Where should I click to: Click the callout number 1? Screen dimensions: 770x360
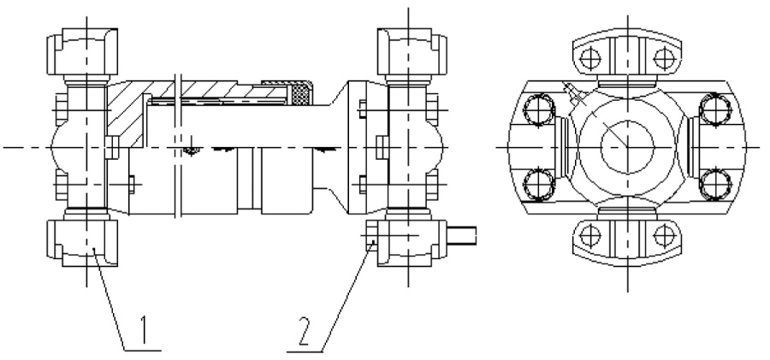click(144, 329)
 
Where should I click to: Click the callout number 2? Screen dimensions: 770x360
click(305, 331)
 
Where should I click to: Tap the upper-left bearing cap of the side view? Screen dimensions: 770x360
click(82, 51)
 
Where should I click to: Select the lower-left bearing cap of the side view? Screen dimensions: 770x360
click(82, 243)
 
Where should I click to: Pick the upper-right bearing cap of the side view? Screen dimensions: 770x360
click(412, 51)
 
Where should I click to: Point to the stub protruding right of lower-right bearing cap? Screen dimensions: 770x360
click(462, 235)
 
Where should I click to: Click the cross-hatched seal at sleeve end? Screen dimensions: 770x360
click(301, 94)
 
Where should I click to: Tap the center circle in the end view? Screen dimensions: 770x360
click(628, 147)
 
